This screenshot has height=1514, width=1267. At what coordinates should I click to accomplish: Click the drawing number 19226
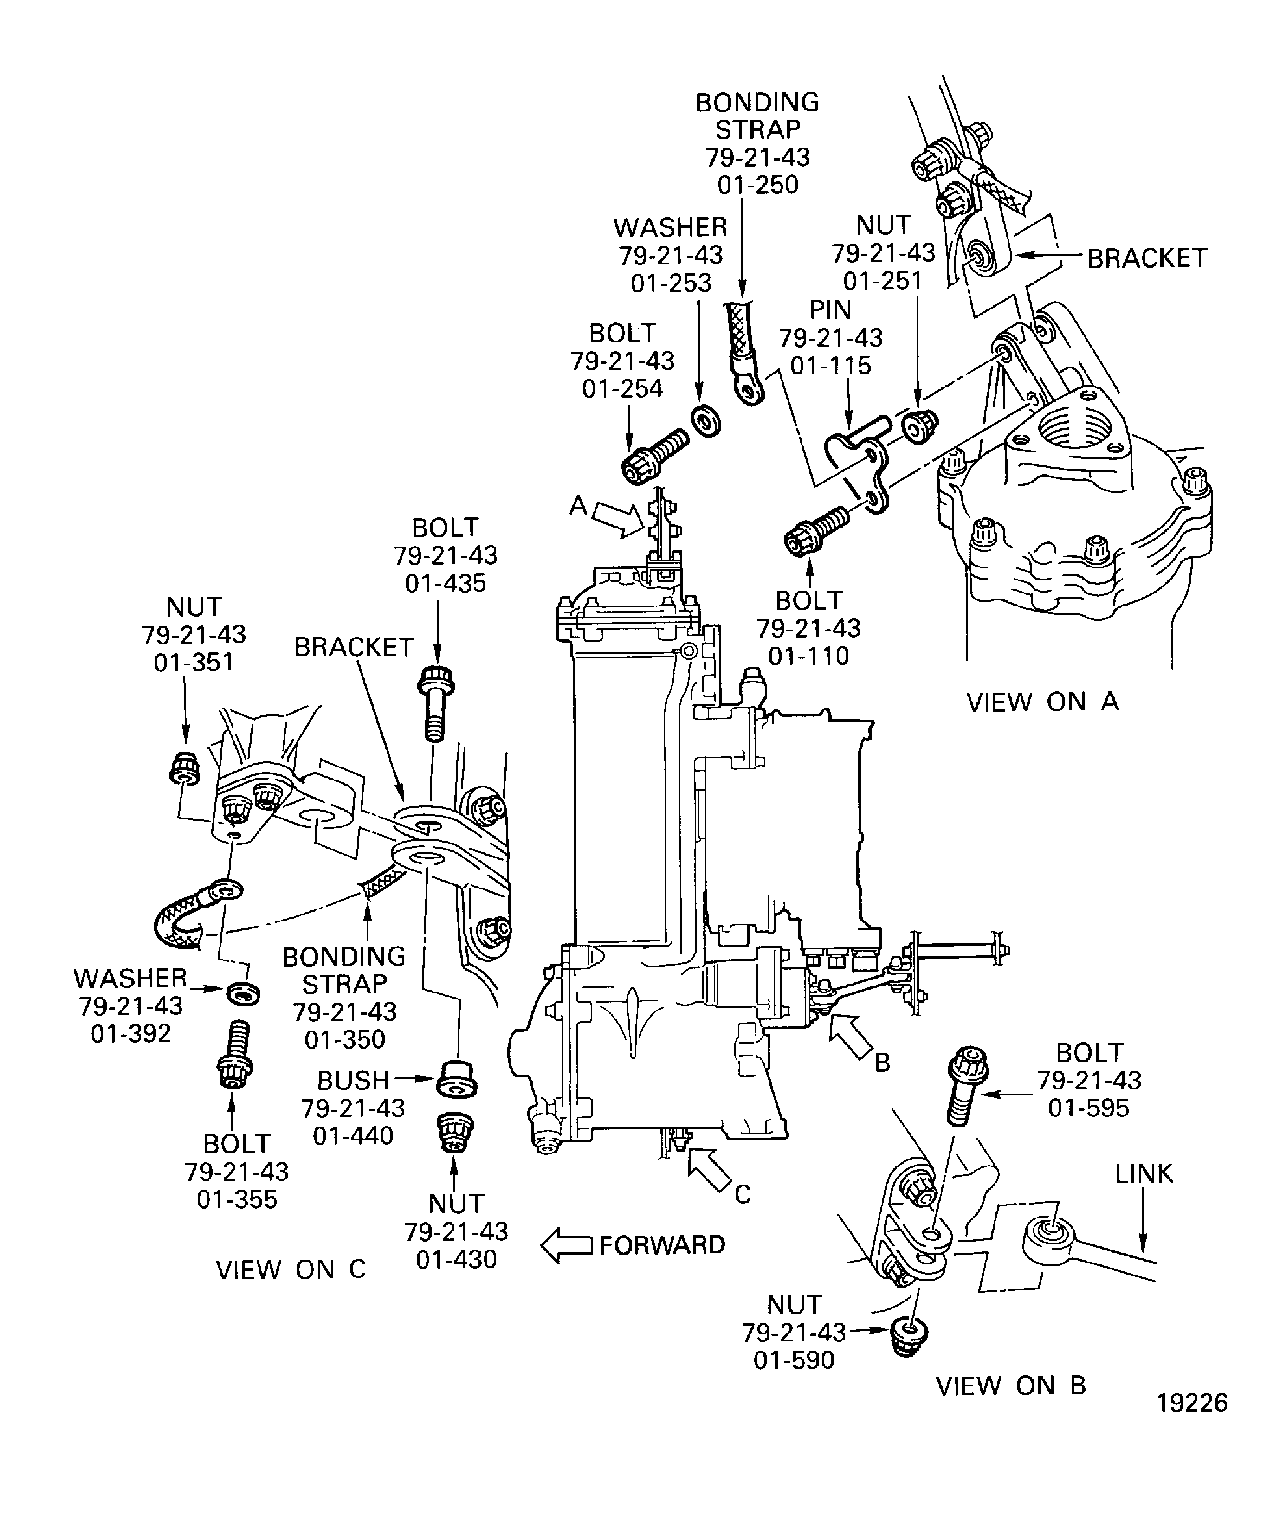pyautogui.click(x=1192, y=1423)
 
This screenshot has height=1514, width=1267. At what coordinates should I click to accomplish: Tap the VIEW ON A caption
pyautogui.click(x=1042, y=702)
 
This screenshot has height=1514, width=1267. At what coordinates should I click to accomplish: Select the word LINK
pyautogui.click(x=1144, y=1174)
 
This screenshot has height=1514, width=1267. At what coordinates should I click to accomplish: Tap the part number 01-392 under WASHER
pyautogui.click(x=130, y=1034)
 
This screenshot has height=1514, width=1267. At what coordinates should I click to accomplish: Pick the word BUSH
pyautogui.click(x=353, y=1080)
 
